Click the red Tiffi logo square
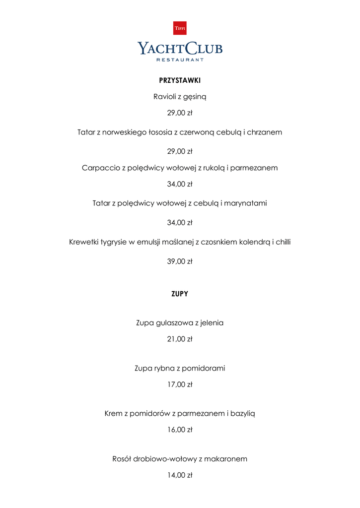point(180,28)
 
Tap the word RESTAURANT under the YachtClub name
point(180,60)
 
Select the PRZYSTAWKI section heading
point(180,80)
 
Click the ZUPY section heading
point(180,294)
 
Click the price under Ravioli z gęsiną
point(180,113)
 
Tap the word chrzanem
point(265,132)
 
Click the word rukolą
point(213,168)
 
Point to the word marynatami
point(248,203)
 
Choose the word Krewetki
point(84,242)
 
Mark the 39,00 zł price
point(180,261)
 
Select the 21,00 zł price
point(180,339)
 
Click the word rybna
point(164,369)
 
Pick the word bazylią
point(243,414)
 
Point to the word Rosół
point(123,459)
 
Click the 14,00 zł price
point(180,475)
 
